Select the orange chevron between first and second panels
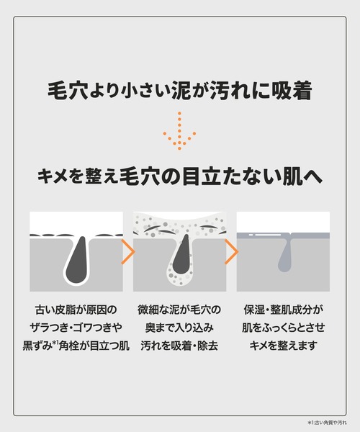[127, 252]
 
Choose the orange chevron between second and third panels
[231, 252]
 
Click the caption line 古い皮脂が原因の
[76, 310]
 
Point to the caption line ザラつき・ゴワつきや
[76, 328]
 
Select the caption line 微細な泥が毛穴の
[179, 310]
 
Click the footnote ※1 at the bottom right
[310, 422]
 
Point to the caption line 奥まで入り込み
[179, 328]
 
